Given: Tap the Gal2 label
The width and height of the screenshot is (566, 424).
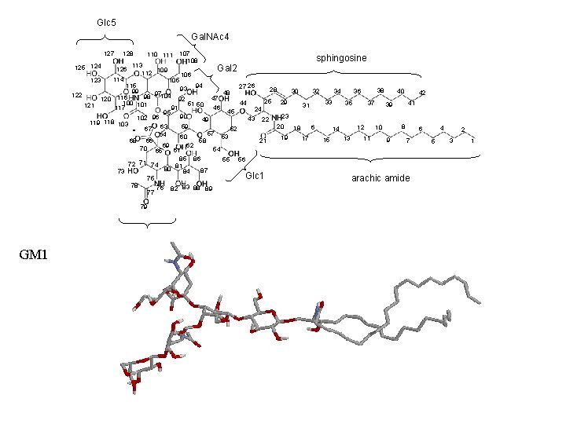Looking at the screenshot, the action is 227,68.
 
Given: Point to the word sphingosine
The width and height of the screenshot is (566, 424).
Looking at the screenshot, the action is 341,58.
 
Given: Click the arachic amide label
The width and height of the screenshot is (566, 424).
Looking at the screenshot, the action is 380,178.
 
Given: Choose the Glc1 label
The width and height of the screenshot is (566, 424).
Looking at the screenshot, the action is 254,174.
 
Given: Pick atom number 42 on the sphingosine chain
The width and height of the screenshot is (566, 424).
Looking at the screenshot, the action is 422,93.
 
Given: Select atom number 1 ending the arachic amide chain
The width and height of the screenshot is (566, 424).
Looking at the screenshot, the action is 472,141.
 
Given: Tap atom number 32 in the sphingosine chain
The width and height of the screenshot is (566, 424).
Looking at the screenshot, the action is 315,92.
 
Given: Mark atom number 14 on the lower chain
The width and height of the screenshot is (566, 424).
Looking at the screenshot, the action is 336,129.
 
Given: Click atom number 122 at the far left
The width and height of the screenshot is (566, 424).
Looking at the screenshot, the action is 77,95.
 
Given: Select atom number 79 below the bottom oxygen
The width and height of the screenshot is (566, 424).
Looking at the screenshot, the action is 144,207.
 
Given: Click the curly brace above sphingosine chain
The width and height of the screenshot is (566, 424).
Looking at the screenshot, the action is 341,71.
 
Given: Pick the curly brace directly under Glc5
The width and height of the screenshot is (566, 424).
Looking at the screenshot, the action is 106,38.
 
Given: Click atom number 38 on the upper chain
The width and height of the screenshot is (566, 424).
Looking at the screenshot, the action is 380,90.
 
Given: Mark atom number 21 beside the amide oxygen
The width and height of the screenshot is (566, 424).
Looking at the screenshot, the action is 263,141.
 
